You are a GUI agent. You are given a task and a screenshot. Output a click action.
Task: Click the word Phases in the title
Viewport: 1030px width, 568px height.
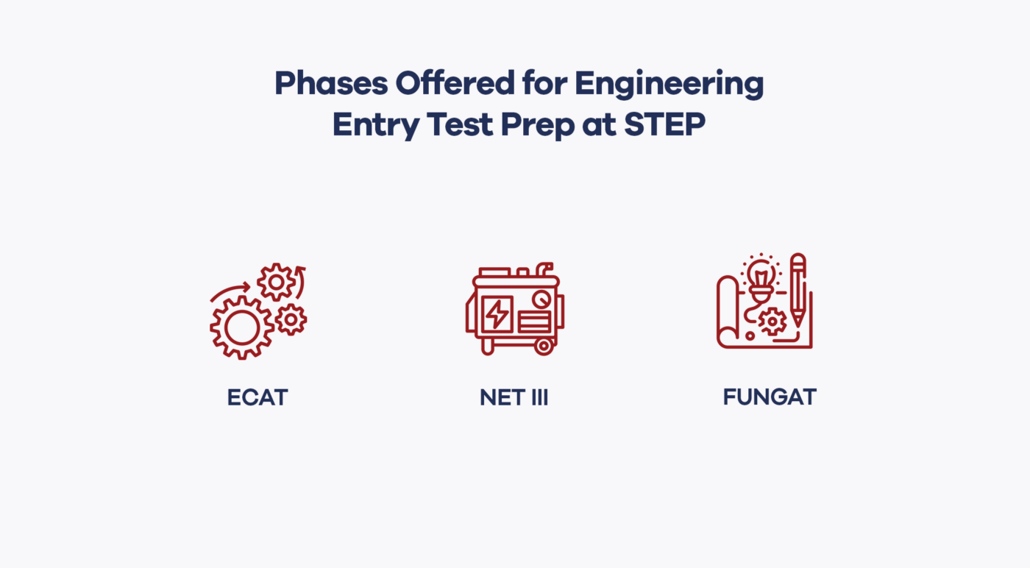point(331,85)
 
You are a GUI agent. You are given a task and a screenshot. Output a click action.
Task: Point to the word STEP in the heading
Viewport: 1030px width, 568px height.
point(664,126)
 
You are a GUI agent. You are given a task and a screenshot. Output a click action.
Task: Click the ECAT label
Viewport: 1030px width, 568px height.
point(257,398)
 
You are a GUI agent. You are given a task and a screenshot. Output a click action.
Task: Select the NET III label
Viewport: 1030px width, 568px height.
point(514,398)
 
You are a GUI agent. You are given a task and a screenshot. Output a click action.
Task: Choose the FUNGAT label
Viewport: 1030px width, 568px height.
point(770,397)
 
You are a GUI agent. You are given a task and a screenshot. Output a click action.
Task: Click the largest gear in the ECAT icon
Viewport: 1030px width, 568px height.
point(241,328)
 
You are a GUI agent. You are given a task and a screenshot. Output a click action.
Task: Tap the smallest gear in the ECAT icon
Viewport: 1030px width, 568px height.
point(291,319)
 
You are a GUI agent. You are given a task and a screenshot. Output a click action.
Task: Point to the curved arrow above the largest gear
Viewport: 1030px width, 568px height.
point(230,292)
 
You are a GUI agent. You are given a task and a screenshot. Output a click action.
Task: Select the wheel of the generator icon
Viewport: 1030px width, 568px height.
point(544,346)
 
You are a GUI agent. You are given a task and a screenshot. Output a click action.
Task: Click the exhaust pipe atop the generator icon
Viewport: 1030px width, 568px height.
point(545,268)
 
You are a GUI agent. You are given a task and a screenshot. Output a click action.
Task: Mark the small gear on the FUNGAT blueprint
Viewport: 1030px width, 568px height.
point(772,322)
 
